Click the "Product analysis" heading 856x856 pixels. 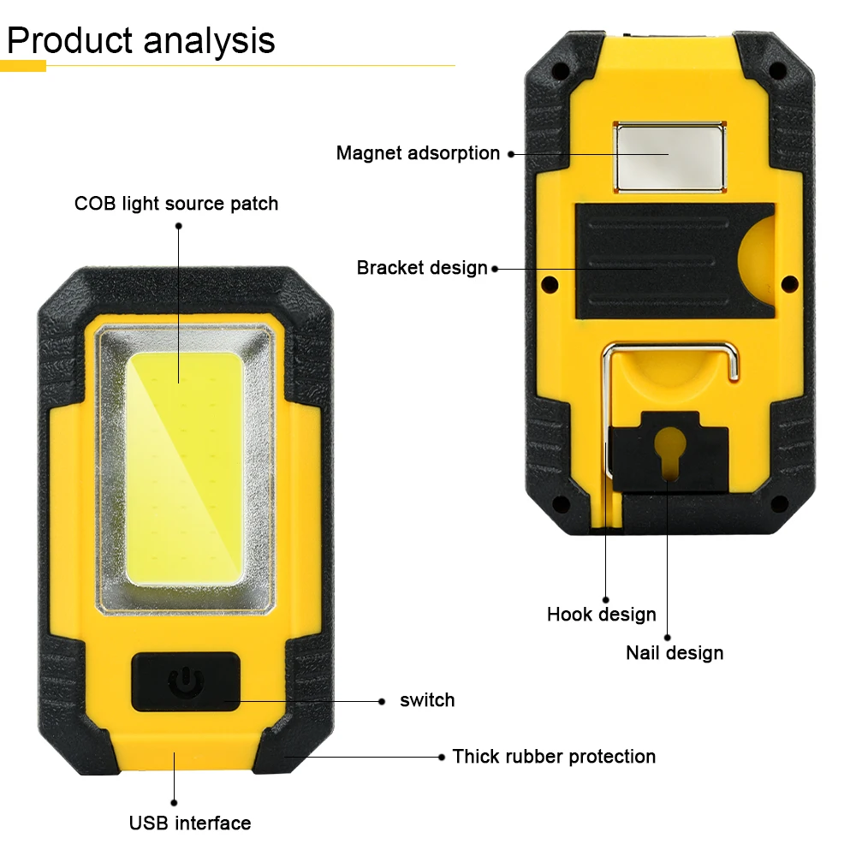click(x=141, y=41)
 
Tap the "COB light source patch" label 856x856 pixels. click(x=176, y=204)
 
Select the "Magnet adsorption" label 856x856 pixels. click(x=418, y=153)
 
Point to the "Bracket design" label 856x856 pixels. click(x=422, y=268)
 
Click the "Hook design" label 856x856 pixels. click(x=602, y=615)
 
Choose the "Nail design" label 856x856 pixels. click(x=675, y=653)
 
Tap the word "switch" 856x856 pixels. click(x=427, y=700)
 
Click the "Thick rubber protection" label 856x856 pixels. click(x=554, y=757)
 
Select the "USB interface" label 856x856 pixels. click(x=190, y=823)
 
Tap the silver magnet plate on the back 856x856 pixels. click(x=668, y=155)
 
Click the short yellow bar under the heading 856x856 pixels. click(x=23, y=66)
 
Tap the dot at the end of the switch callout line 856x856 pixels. click(x=382, y=701)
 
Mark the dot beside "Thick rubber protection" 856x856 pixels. click(x=442, y=757)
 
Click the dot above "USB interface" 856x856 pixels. click(x=174, y=803)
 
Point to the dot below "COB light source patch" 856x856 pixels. click(x=179, y=226)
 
